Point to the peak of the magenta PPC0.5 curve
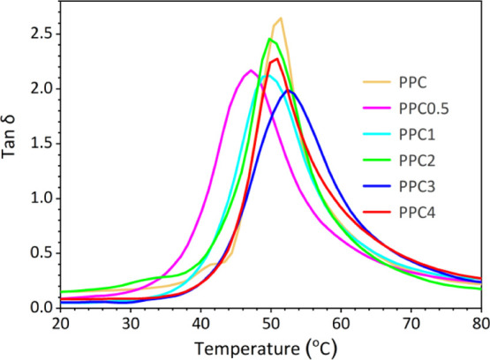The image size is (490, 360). [x=251, y=71]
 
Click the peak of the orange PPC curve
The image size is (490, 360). [x=280, y=18]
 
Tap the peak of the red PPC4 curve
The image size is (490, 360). [x=276, y=59]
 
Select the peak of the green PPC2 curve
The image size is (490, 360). [x=270, y=39]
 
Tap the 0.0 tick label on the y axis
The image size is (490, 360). [x=40, y=307]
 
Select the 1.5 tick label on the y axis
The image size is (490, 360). [x=40, y=143]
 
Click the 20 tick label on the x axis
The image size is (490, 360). [x=60, y=323]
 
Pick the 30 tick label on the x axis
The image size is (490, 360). [x=131, y=323]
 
